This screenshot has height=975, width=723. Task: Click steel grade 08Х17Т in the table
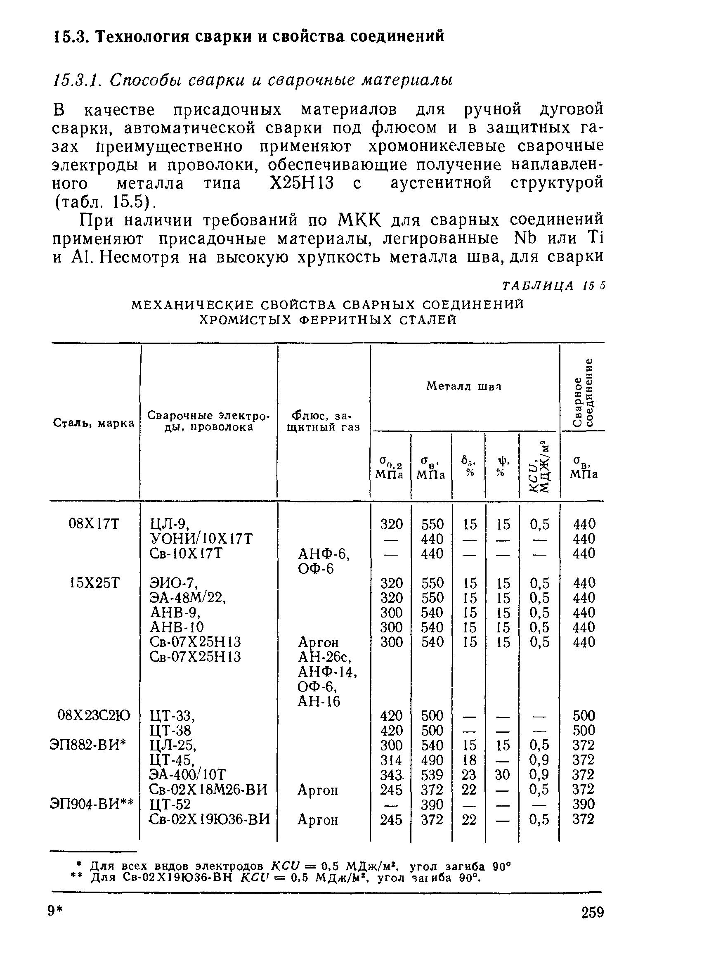pyautogui.click(x=94, y=524)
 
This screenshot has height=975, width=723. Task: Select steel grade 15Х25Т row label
pyautogui.click(x=94, y=583)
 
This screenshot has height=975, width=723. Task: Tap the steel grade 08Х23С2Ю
pyautogui.click(x=94, y=716)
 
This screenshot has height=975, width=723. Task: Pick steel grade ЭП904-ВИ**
pyautogui.click(x=92, y=804)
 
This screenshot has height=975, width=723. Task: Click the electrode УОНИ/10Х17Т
pyautogui.click(x=201, y=539)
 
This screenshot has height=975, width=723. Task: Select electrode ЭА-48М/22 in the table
pyautogui.click(x=187, y=598)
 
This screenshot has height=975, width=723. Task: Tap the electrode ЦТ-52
pyautogui.click(x=170, y=804)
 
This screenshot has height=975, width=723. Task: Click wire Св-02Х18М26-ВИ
pyautogui.click(x=208, y=789)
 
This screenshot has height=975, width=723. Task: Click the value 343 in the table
pyautogui.click(x=390, y=775)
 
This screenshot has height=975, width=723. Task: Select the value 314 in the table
pyautogui.click(x=391, y=760)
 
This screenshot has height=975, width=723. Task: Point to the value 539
pyautogui.click(x=432, y=775)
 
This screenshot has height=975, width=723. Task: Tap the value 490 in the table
pyautogui.click(x=432, y=760)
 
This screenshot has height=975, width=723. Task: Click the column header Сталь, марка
pyautogui.click(x=94, y=424)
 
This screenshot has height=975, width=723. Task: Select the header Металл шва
pyautogui.click(x=463, y=386)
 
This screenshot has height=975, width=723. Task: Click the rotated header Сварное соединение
pyautogui.click(x=584, y=392)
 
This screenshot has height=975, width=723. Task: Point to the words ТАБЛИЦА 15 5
pyautogui.click(x=554, y=286)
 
